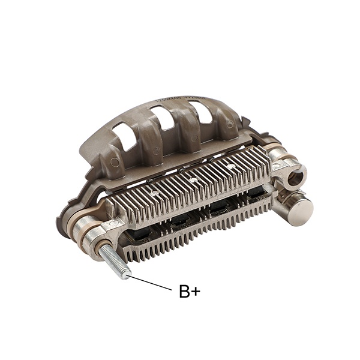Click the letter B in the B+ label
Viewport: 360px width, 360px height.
185,292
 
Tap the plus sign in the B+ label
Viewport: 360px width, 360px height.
196,293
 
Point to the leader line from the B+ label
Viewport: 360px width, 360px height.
150,283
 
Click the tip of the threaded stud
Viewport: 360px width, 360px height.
125,274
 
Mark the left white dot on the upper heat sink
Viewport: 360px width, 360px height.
154,194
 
